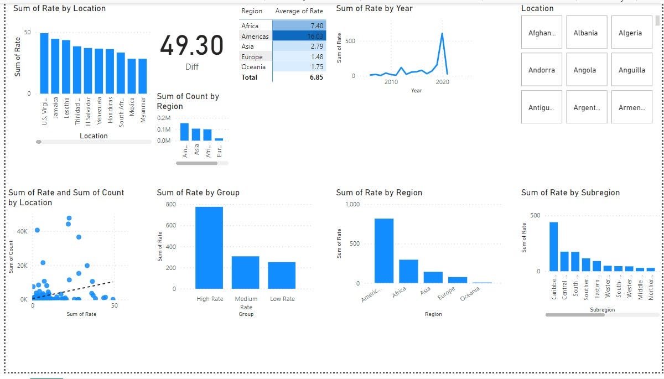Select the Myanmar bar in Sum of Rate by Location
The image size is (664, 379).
pos(143,76)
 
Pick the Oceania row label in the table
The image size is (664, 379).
pos(253,67)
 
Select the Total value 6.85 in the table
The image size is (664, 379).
pos(317,77)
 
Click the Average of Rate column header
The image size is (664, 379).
pos(299,11)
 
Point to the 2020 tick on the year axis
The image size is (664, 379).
pos(443,82)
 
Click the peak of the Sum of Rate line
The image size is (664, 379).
pos(442,33)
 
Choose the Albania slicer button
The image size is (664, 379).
pos(585,33)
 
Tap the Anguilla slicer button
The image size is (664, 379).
pos(630,70)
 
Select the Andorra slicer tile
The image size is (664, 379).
pos(541,70)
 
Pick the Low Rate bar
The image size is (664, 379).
pos(282,275)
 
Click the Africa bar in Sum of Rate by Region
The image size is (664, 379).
pos(408,271)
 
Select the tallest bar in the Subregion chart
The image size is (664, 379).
pos(553,246)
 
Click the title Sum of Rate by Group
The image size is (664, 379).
pos(198,193)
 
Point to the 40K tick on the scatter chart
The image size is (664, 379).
pos(22,231)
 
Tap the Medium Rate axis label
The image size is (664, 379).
pos(246,303)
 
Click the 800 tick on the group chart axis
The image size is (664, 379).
pos(171,204)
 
